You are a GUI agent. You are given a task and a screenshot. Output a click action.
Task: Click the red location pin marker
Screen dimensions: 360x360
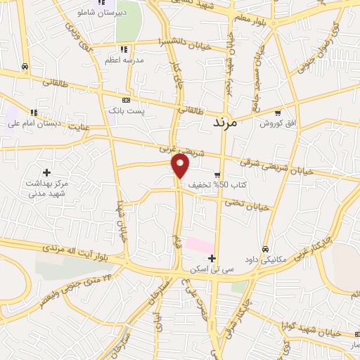[181, 165]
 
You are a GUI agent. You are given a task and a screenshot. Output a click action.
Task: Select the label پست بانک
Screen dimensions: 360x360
[127, 111]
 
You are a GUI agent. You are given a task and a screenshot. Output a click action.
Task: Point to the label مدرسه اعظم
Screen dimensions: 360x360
[124, 60]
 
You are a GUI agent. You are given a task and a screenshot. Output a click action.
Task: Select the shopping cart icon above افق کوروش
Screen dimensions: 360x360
[278, 112]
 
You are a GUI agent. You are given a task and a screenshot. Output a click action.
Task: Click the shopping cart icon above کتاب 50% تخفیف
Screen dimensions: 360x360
[218, 174]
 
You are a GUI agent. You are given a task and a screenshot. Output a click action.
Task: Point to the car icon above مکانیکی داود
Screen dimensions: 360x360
[265, 249]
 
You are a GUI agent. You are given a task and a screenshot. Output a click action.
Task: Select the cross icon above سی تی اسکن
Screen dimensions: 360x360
[211, 259]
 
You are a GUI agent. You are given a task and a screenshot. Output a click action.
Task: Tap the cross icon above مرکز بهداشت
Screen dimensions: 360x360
[47, 172]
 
